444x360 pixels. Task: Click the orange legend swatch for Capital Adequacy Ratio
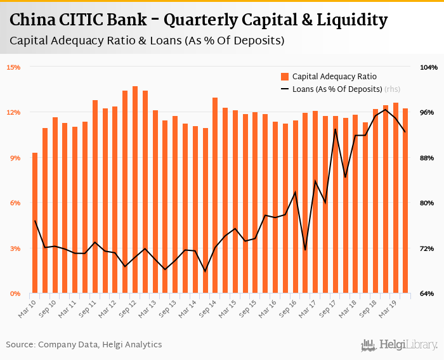pyautogui.click(x=285, y=76)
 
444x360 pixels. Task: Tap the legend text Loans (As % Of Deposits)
pyautogui.click(x=337, y=89)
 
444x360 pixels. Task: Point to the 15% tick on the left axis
pyautogui.click(x=13, y=67)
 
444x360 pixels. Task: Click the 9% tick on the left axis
pyautogui.click(x=15, y=157)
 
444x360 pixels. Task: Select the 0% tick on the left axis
pyautogui.click(x=15, y=293)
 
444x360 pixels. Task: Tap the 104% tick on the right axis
pyautogui.click(x=429, y=67)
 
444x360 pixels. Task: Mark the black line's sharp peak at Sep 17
pyautogui.click(x=335, y=129)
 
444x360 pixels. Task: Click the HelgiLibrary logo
pyautogui.click(x=399, y=345)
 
